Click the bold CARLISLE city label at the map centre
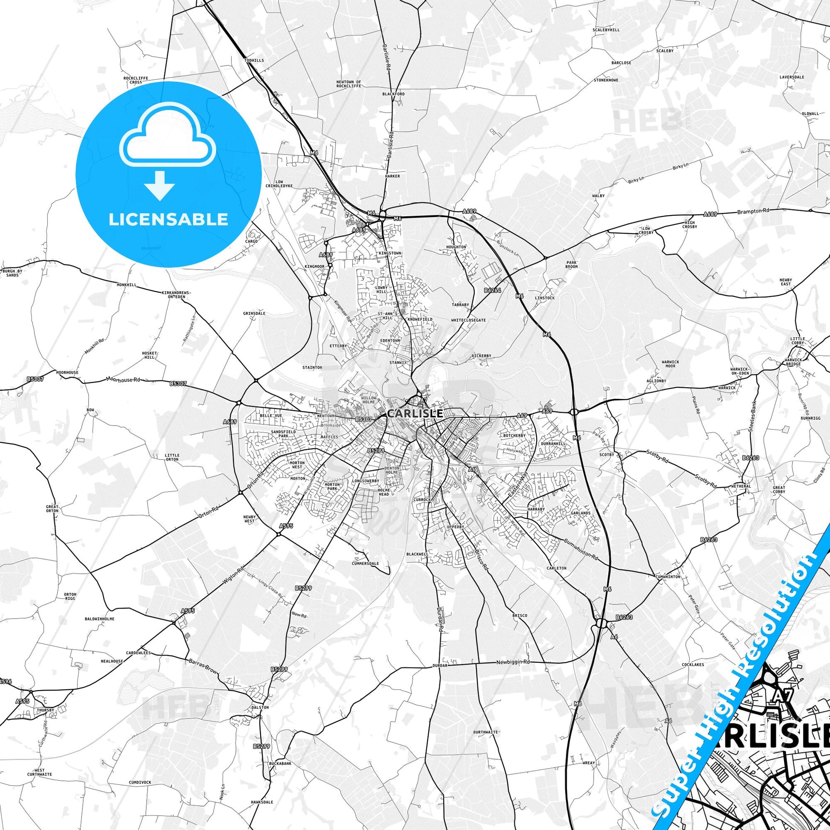(415, 413)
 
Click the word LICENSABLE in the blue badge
(168, 219)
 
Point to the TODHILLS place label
(254, 61)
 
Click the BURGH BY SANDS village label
(12, 273)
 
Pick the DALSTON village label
(260, 707)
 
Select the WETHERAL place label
(740, 486)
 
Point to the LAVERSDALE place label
(792, 77)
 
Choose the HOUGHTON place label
(456, 247)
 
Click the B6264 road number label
(492, 290)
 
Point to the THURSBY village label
(46, 710)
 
